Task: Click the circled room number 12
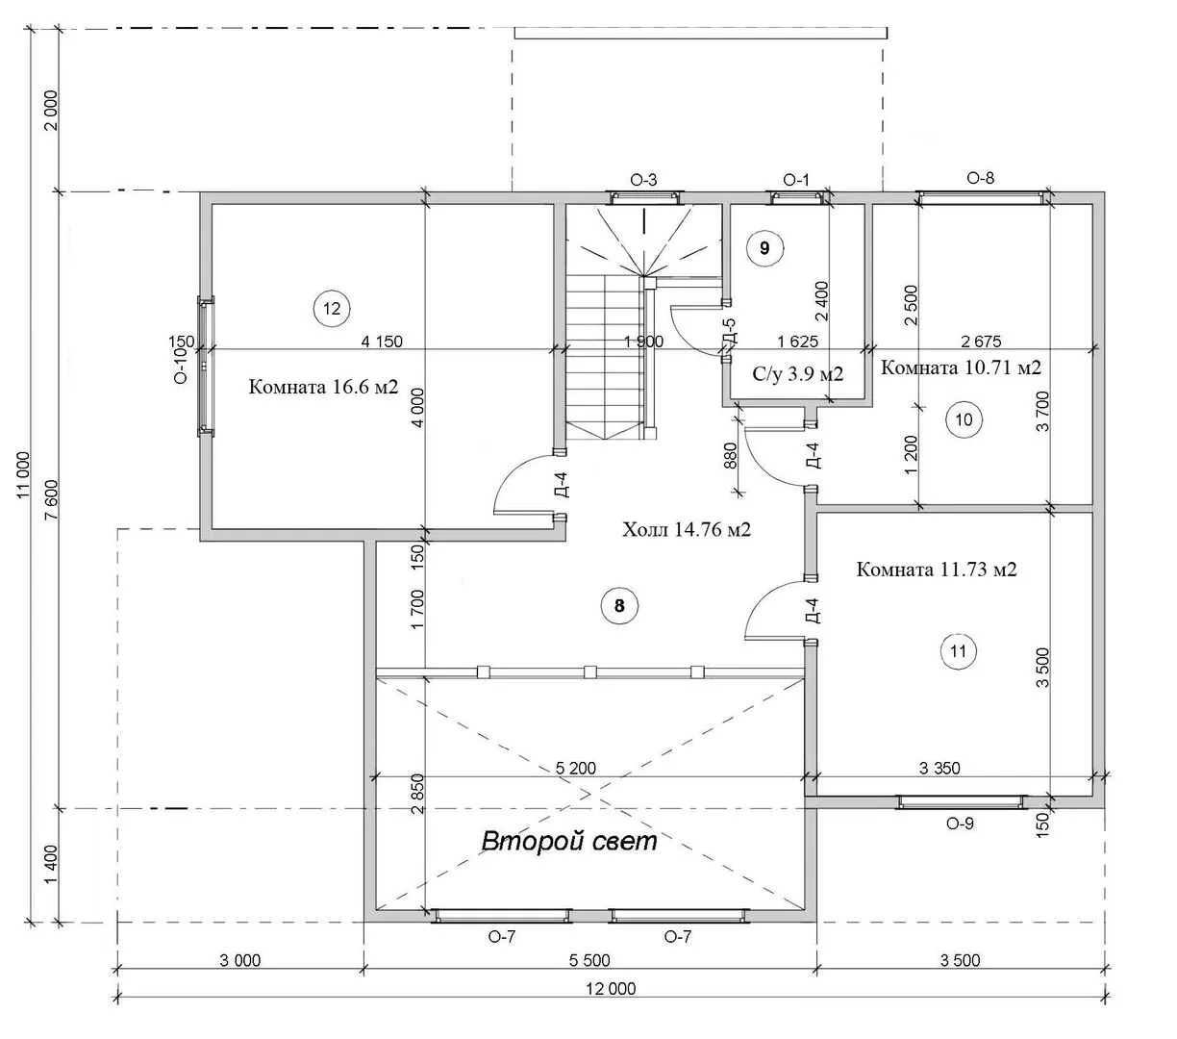331,308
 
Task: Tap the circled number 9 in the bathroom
764,248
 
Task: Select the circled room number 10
964,419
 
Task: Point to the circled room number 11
958,651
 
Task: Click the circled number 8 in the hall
619,606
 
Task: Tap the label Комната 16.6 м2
324,387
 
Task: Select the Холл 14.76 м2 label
687,529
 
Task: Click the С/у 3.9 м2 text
797,374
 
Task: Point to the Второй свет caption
569,842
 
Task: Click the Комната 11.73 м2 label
937,569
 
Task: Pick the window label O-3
643,180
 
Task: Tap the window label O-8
981,179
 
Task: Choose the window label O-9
960,824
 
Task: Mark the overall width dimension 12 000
611,988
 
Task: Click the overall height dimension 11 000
23,474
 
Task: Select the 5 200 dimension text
576,768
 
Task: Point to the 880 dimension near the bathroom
731,456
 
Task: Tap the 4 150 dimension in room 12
382,342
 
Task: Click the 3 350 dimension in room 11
939,768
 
